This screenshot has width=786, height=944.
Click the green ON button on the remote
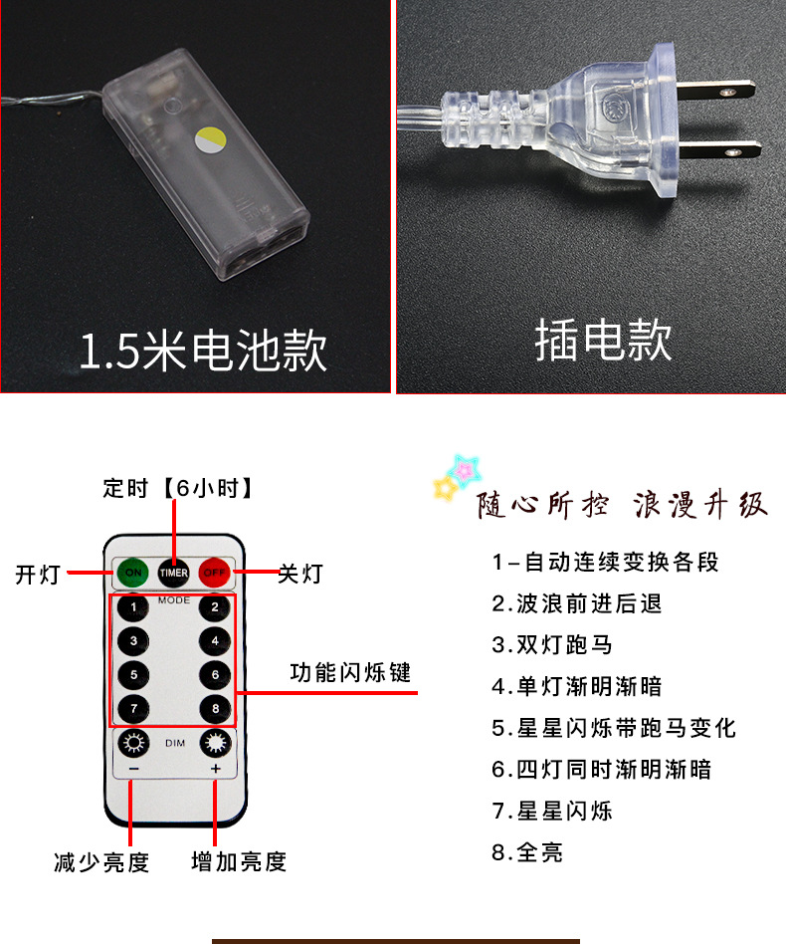(131, 573)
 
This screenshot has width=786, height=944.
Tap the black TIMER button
(173, 573)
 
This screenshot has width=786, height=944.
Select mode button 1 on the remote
(133, 606)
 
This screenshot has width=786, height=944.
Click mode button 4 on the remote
(214, 640)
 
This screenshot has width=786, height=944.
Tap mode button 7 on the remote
(133, 708)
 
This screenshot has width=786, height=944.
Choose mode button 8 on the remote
(214, 708)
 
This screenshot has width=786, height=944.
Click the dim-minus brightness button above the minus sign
(133, 743)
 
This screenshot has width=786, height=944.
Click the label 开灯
(38, 575)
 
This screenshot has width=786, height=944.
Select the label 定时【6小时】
(178, 488)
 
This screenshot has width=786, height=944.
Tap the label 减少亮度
(100, 861)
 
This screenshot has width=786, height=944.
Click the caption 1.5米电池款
(203, 350)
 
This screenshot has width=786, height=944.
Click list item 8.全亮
(527, 852)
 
